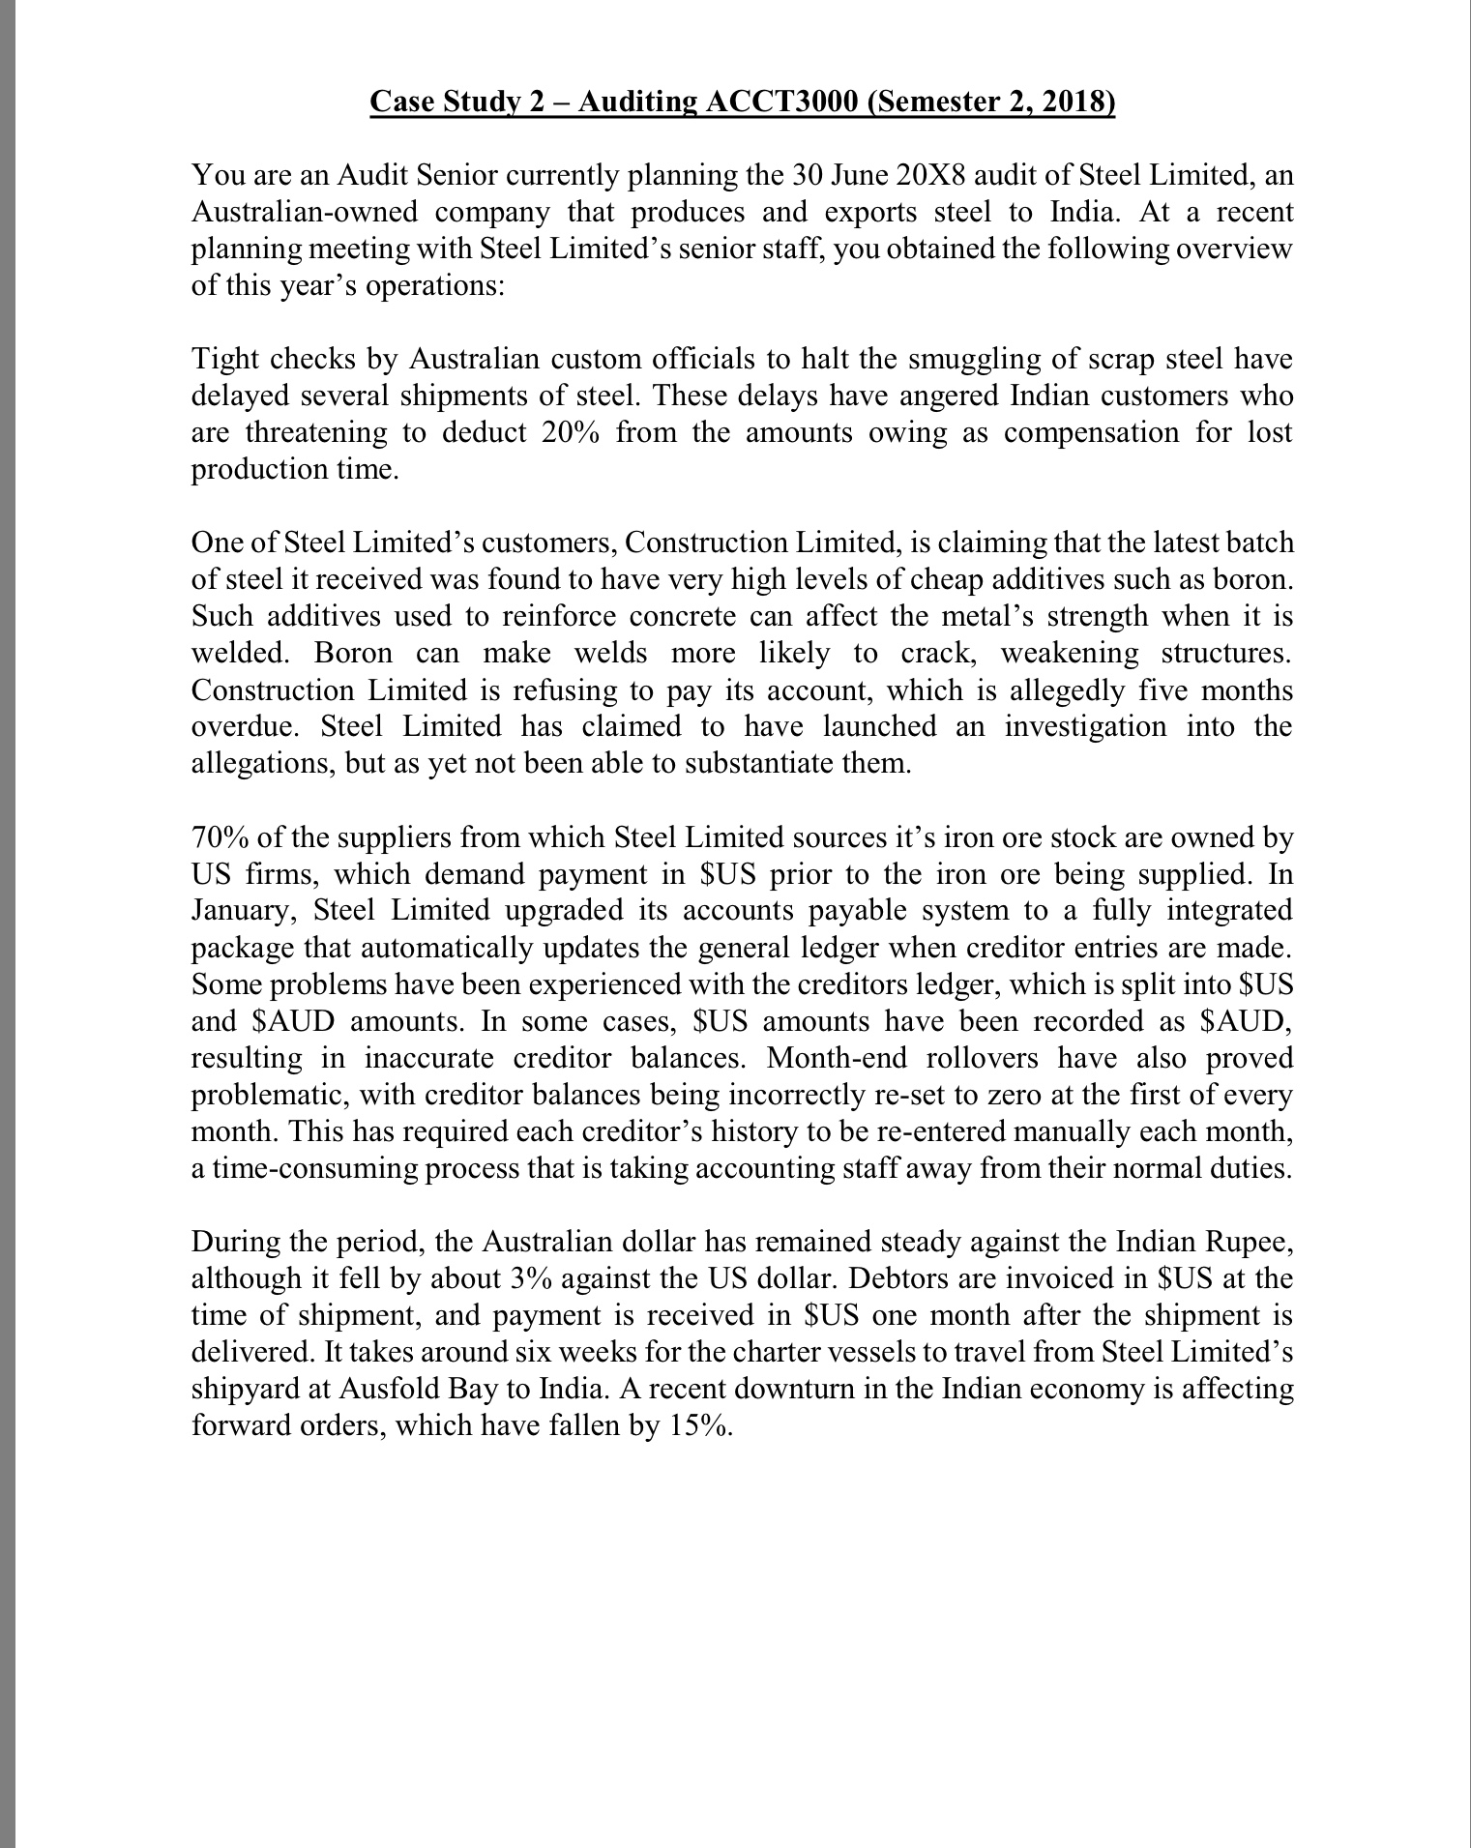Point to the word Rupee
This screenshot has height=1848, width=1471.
coord(1249,1241)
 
